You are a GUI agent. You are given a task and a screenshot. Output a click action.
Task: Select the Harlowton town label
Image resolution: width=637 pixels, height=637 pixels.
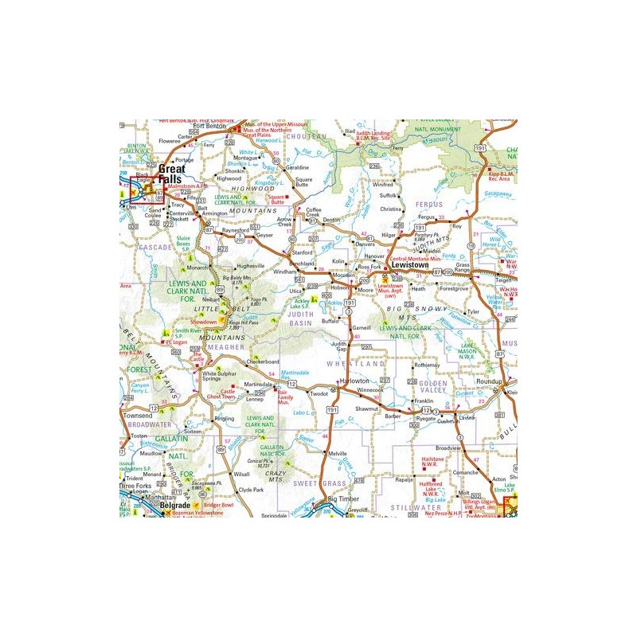[355, 381]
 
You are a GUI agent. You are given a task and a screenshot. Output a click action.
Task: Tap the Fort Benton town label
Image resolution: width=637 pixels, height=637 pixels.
[210, 126]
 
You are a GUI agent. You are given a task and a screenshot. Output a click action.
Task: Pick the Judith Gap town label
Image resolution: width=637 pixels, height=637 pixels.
[339, 346]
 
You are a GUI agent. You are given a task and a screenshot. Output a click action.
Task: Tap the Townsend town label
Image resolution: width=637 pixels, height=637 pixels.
[137, 416]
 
